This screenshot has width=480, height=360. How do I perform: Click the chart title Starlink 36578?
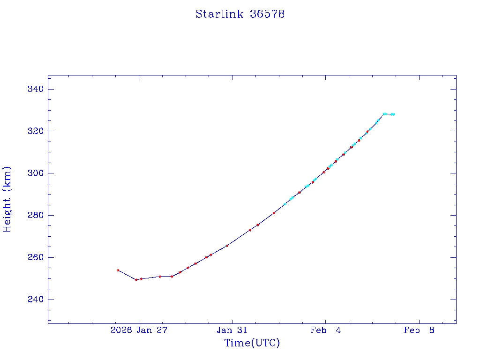240,14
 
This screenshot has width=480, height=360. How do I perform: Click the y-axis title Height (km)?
7,199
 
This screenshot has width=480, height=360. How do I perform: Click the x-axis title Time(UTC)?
252,343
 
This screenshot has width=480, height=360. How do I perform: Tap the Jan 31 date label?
232,330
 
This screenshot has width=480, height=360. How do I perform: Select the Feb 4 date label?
325,330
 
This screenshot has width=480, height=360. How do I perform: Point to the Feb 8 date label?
419,330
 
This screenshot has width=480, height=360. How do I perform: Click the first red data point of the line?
118,270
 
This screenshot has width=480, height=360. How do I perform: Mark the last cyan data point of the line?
393,114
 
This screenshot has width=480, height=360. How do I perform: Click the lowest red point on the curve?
136,280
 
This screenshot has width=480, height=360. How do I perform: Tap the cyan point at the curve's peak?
384,114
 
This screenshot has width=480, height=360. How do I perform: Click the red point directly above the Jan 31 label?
227,246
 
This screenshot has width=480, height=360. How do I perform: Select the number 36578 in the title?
267,14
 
